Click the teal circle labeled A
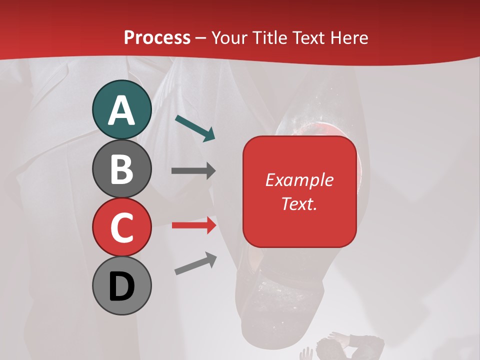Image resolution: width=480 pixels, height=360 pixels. [121, 109]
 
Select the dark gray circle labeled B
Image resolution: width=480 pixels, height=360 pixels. [121, 168]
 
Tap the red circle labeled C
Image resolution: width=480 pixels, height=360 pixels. [121, 227]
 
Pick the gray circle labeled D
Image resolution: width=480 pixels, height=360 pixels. [121, 285]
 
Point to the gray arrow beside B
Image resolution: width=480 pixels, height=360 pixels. [193, 171]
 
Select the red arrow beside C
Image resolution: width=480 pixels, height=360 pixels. [193, 225]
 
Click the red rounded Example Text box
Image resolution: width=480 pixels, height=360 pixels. [299, 191]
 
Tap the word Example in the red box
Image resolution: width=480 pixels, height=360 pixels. [299, 180]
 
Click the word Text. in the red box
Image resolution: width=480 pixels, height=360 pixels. [299, 203]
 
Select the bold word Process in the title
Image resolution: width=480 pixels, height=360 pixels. [157, 37]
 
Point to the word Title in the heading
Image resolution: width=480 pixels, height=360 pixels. [272, 37]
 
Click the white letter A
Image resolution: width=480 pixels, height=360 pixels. [121, 110]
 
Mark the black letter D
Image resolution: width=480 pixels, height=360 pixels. [121, 286]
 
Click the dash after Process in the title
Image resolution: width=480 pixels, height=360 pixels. [201, 38]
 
